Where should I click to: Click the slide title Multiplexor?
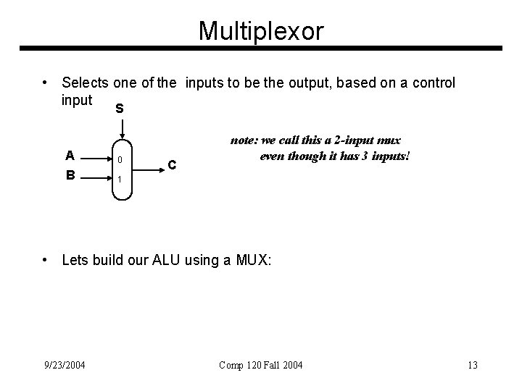point(261,30)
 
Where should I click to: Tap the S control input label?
point(119,109)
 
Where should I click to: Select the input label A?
point(69,155)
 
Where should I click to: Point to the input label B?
point(69,175)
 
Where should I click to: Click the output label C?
point(172,165)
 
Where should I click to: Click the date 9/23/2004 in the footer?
point(65,364)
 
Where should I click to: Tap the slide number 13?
point(473,364)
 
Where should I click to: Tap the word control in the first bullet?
point(434,83)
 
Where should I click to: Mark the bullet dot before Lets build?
point(46,259)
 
